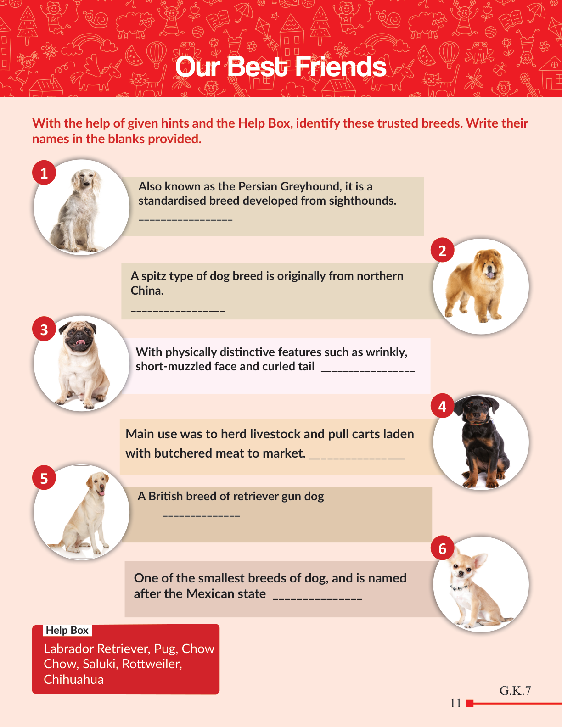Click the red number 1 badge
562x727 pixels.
coord(44,173)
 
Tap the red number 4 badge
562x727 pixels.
coord(442,406)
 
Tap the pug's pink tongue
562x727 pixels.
coord(80,342)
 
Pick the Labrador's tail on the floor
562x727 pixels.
coord(57,545)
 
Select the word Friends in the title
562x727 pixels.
coord(340,67)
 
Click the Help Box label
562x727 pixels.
coord(67,630)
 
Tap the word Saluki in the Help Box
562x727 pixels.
coord(101,664)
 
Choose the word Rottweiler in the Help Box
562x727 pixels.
coord(152,664)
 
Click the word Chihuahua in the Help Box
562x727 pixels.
coord(73,679)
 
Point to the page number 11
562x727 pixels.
coord(455,703)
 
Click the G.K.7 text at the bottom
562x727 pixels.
coord(515,691)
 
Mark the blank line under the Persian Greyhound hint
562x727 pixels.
coord(185,220)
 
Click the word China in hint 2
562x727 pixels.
coord(147,291)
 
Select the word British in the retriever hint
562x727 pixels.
coord(166,496)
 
